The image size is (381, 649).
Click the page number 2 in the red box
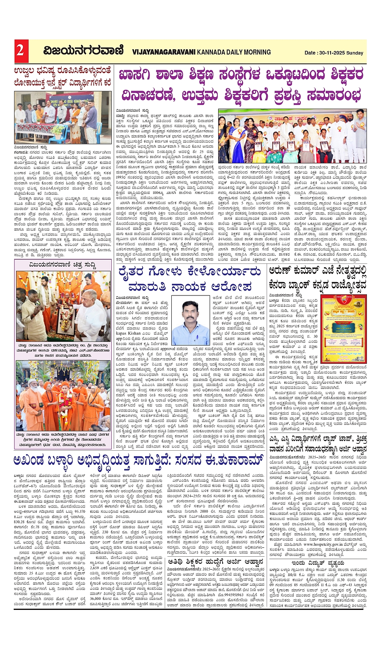pos(20,50)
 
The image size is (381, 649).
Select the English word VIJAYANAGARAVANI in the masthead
pos(164,52)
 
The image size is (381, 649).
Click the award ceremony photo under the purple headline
pos(292,136)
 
